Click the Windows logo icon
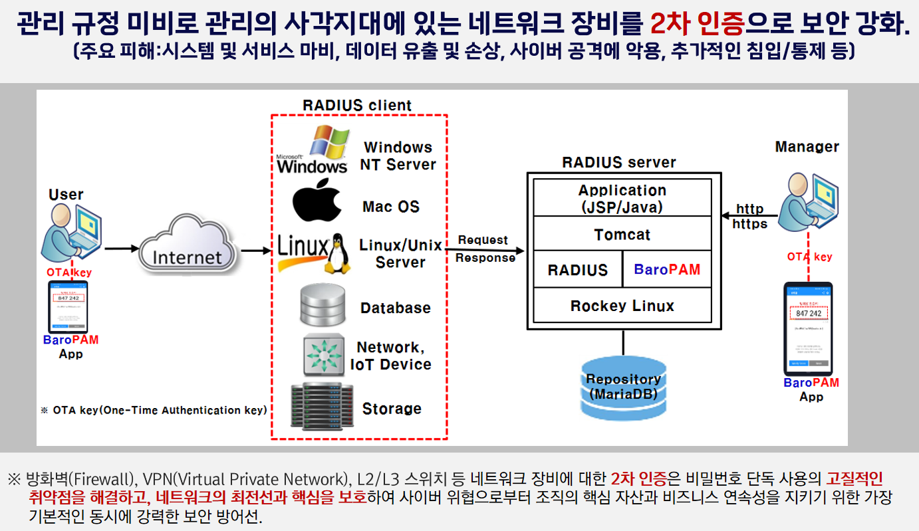(313, 149)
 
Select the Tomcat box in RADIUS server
(622, 235)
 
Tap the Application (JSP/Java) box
(622, 198)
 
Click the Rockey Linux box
(622, 306)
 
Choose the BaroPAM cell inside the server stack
(667, 270)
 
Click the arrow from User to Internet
(120, 249)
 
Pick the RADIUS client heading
(357, 105)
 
